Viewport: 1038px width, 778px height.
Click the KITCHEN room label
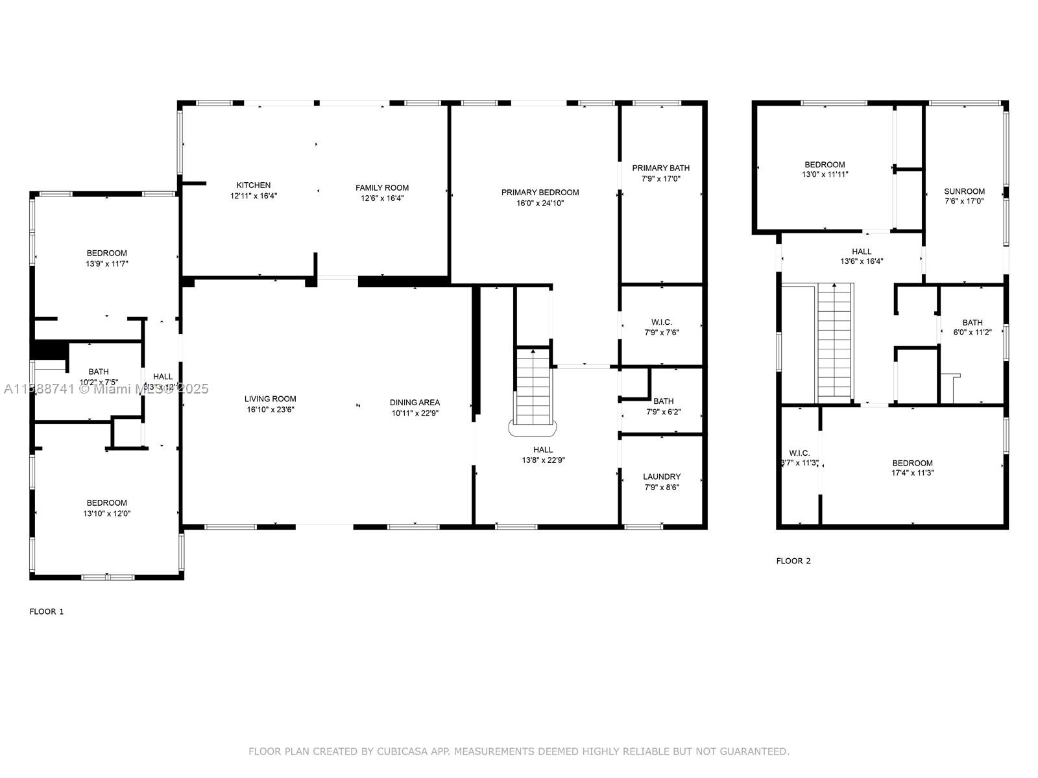254,185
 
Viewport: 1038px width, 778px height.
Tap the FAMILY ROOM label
382,188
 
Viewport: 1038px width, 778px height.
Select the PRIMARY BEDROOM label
540,193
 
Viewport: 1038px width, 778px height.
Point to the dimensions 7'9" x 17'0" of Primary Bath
660,178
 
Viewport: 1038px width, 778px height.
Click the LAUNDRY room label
662,477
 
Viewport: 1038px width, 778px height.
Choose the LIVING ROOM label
270,399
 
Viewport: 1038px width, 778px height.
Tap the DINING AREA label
415,403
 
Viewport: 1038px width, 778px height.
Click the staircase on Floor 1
533,389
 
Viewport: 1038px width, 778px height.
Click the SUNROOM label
964,191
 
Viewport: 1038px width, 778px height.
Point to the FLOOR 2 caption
793,561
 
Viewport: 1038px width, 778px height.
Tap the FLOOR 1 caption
47,611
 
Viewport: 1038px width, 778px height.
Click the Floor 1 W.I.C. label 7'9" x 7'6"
662,322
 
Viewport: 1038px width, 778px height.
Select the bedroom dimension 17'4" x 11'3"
912,473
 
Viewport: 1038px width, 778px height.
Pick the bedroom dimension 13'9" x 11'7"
107,264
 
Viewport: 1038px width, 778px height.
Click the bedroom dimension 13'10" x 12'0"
107,513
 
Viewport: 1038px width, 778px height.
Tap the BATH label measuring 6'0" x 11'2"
972,322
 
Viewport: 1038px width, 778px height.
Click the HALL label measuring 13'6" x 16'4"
862,252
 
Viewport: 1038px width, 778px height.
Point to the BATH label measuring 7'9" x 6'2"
663,401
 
